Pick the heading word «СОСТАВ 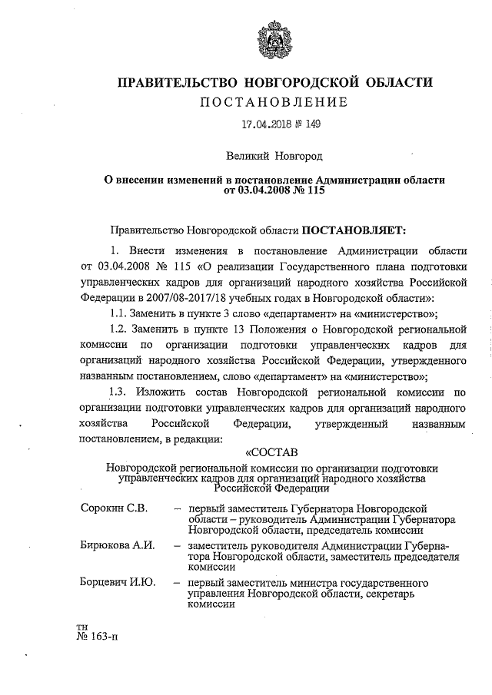(x=269, y=452)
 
